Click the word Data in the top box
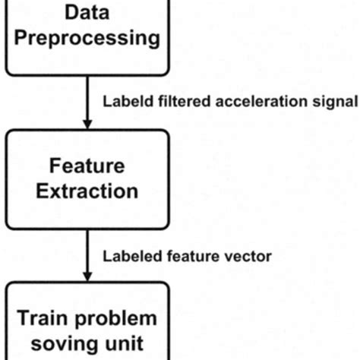(x=86, y=12)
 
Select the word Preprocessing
(x=86, y=37)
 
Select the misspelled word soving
(x=65, y=343)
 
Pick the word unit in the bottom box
(x=122, y=343)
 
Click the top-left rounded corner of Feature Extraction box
(x=11, y=134)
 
